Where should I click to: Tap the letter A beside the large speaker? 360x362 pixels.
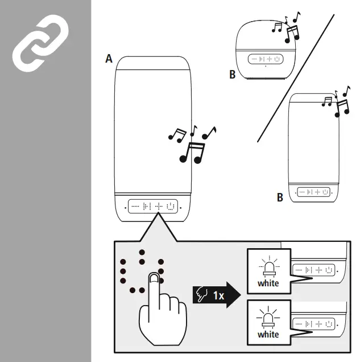tap(109, 59)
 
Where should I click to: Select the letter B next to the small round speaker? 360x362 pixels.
tap(232, 75)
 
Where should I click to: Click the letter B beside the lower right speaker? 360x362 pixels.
tap(280, 198)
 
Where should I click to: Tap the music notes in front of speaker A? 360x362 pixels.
tap(192, 143)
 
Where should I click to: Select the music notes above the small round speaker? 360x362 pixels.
tap(288, 29)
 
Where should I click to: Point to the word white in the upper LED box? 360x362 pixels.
tap(268, 283)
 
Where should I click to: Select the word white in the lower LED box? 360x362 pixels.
tap(268, 334)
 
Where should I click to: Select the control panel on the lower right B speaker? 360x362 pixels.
tap(313, 192)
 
